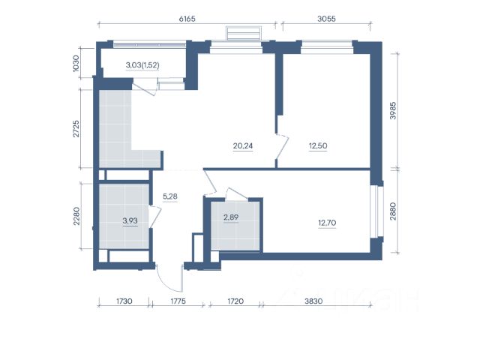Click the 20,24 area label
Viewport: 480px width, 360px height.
pos(243,146)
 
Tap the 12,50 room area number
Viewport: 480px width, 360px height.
pos(318,146)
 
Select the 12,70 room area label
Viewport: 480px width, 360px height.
pos(327,223)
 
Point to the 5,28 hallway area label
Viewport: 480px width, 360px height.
pos(170,196)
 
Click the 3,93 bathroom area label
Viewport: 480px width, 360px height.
pos(130,220)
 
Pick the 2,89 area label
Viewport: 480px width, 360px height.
pos(231,217)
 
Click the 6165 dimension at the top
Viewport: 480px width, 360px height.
pos(187,19)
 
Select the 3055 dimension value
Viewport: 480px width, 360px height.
pos(326,19)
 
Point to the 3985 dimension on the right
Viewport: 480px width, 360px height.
pos(393,110)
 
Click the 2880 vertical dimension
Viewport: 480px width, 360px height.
pos(393,211)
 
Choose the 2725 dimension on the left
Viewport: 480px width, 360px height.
pos(76,128)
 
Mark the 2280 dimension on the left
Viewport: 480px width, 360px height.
pos(76,216)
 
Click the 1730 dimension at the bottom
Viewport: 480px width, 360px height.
pos(124,301)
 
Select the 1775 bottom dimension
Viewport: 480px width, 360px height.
pos(178,301)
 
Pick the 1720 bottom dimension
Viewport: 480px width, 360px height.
pos(235,301)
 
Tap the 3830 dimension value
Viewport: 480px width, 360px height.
pos(313,301)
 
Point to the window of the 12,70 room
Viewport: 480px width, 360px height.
pos(376,211)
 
